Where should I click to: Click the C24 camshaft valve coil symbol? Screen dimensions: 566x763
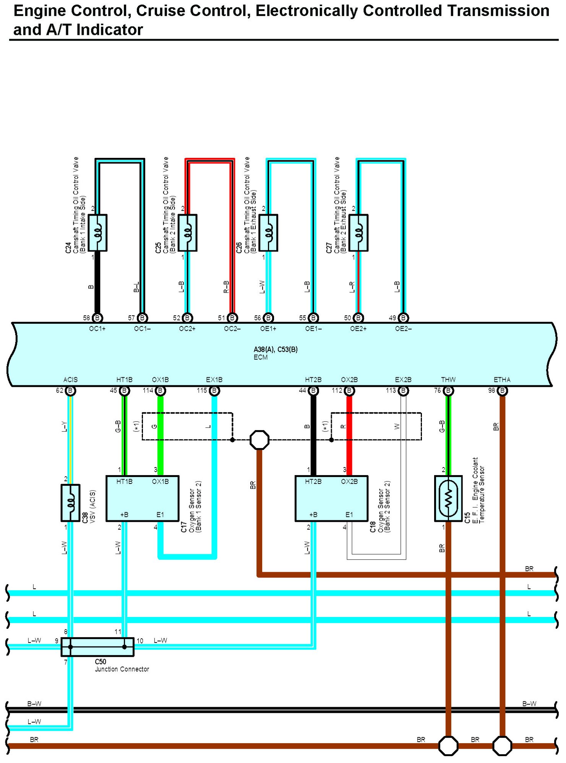click(x=97, y=233)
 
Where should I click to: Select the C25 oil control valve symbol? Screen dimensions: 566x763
click(x=188, y=233)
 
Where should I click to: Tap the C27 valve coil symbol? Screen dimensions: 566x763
click(x=358, y=233)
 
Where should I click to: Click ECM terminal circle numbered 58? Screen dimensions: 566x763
click(x=97, y=318)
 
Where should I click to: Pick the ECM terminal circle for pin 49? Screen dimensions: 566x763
click(x=403, y=318)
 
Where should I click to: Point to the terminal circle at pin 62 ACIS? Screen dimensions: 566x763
click(x=70, y=391)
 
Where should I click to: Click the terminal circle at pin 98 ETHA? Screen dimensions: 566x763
click(x=503, y=391)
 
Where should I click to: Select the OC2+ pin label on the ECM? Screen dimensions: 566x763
click(x=187, y=329)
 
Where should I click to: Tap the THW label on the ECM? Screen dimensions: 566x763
click(x=448, y=380)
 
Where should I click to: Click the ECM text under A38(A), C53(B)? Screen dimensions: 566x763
click(x=261, y=357)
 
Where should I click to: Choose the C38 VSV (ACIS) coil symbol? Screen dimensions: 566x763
click(x=71, y=503)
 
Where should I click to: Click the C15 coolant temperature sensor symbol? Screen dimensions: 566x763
click(x=448, y=498)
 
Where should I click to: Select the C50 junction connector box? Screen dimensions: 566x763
click(x=97, y=647)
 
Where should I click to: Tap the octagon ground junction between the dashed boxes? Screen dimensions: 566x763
click(x=259, y=440)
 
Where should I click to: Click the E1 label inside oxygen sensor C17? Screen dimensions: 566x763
click(x=160, y=515)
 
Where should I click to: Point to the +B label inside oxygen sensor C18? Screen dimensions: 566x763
click(x=313, y=515)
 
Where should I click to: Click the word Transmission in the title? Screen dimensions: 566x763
click(x=498, y=11)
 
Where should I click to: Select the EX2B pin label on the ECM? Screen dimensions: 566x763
click(x=403, y=380)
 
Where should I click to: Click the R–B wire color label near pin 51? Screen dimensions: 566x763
click(x=226, y=287)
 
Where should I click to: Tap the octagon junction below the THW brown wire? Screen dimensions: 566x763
click(x=448, y=746)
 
